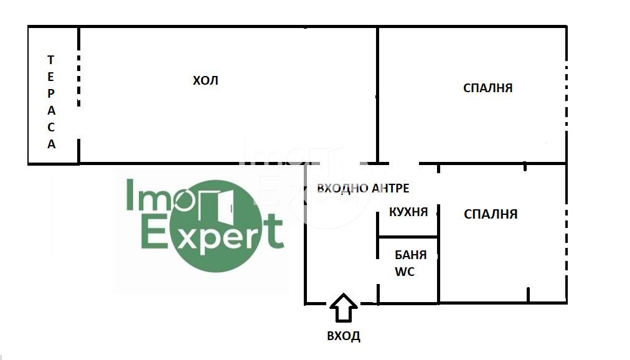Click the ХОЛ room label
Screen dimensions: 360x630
205,81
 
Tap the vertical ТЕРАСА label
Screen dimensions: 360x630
52,102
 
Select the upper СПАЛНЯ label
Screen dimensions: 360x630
487,88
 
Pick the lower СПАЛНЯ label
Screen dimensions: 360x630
491,214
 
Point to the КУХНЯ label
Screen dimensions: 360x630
408,212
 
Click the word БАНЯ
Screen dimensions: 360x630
411,255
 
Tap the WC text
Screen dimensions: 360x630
404,272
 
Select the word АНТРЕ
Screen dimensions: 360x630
390,188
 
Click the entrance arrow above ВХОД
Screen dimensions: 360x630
343,307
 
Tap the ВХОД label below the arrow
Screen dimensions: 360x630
344,336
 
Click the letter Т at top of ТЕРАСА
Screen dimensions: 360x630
51,60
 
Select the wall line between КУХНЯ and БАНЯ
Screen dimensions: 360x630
408,237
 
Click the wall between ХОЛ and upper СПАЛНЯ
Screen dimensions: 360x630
377,93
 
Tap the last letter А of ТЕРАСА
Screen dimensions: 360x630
52,144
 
